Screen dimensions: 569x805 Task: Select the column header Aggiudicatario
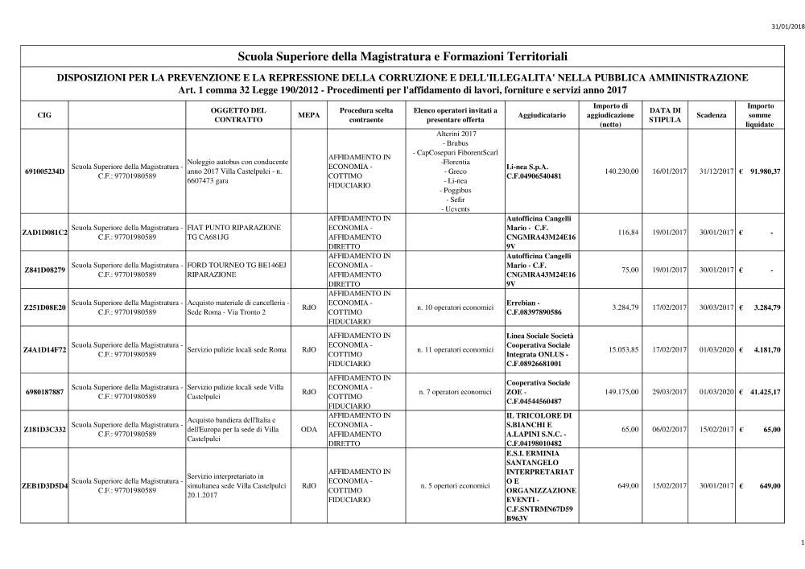pos(537,115)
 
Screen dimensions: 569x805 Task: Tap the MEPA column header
pos(308,115)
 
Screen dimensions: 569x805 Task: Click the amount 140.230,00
pos(621,171)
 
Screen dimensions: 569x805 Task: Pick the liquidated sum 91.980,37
pos(765,171)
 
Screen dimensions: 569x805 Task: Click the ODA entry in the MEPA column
pos(308,430)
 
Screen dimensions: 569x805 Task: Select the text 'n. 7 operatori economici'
pos(455,392)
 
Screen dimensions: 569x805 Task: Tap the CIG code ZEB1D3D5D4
pos(45,486)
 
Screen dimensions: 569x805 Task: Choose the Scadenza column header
pos(711,115)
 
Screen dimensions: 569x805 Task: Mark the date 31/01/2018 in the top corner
pos(786,27)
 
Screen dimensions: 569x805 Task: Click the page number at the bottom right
pos(793,542)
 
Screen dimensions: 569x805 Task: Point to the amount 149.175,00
pos(621,392)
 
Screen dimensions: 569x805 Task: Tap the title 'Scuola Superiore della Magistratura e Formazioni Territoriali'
pos(403,57)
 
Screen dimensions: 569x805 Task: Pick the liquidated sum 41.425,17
pos(765,392)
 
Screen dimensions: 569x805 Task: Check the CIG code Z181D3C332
pos(45,430)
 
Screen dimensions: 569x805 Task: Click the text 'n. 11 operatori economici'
pos(456,350)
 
